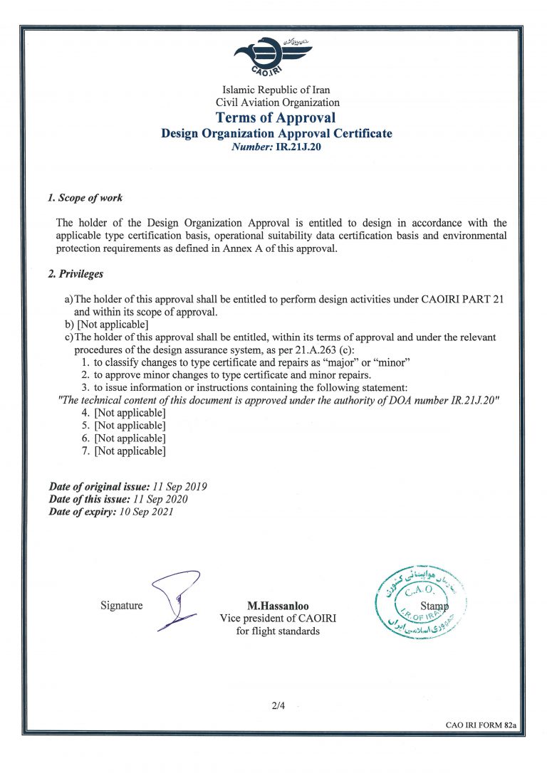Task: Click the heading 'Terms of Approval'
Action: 276,117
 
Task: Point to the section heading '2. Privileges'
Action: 75,273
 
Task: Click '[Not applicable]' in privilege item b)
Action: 112,325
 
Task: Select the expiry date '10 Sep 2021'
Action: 145,512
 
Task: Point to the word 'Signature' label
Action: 121,606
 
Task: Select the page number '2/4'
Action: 277,706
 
